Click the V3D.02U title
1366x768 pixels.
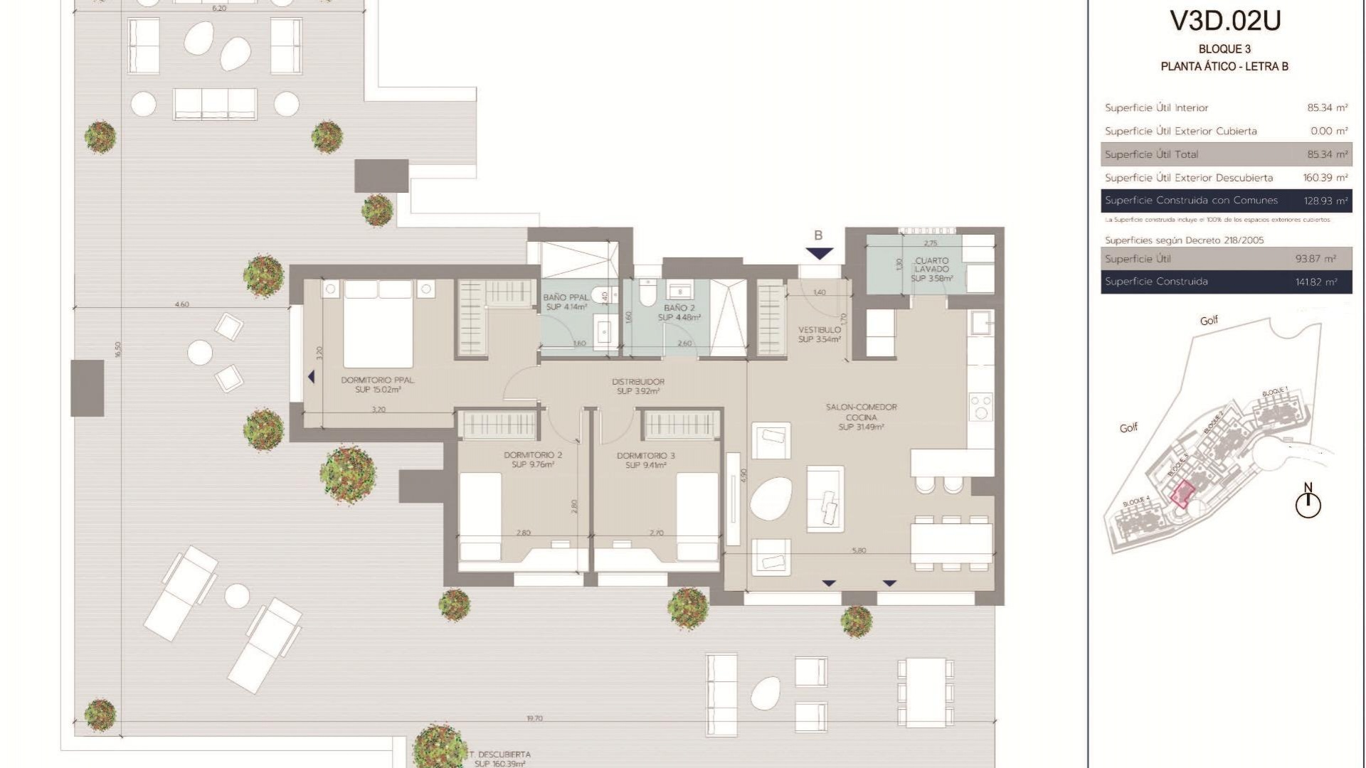pos(1225,21)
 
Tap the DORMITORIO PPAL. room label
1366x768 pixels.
pos(378,385)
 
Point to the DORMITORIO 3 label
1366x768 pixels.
pos(646,460)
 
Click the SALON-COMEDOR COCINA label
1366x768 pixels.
pos(861,417)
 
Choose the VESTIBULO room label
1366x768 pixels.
pos(820,334)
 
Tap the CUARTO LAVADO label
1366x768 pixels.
pos(931,269)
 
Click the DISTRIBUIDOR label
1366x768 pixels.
pos(638,386)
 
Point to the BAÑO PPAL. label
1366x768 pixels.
pos(566,302)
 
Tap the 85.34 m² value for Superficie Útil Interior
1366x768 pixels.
pos(1327,108)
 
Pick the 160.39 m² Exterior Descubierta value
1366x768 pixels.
pos(1325,178)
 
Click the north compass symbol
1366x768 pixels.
pos(1308,503)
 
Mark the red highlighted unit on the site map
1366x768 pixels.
pos(1182,494)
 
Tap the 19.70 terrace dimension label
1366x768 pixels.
pos(534,719)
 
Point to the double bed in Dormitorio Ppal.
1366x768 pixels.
pos(378,324)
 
